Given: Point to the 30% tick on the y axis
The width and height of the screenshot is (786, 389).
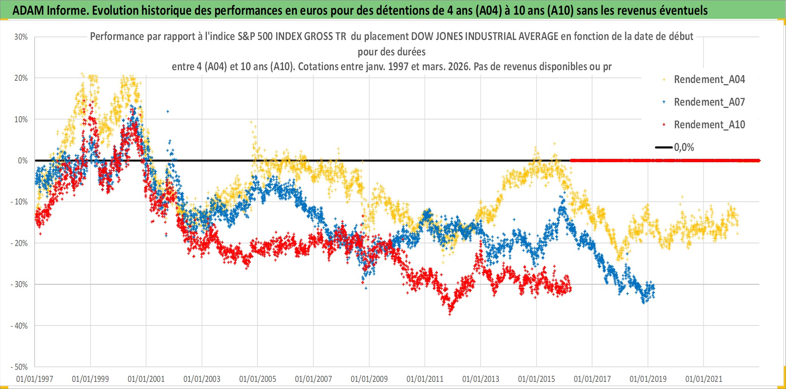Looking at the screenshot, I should point(21,37).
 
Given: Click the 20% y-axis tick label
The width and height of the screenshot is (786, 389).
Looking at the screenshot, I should point(21,78).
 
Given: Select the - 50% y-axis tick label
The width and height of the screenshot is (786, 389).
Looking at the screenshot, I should point(19,367).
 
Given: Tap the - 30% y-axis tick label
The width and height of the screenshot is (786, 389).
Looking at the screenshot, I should point(19,284).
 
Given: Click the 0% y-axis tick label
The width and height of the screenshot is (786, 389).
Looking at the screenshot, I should point(23,161).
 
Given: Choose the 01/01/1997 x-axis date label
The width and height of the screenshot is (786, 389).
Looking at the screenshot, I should point(35,379).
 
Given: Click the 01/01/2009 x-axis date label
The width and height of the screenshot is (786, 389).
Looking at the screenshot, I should point(369,379).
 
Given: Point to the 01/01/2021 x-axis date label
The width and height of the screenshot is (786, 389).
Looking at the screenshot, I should point(703,379).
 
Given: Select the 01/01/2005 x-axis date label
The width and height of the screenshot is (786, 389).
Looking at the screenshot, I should point(257,379).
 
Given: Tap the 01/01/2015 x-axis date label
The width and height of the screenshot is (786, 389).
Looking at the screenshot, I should point(536,379).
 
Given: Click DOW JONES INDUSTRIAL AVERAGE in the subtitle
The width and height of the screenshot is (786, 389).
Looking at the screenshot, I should point(485,37).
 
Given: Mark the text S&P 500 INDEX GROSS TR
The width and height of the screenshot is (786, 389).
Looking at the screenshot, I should point(292,37).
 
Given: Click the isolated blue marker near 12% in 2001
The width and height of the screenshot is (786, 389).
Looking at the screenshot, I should point(168,111).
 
